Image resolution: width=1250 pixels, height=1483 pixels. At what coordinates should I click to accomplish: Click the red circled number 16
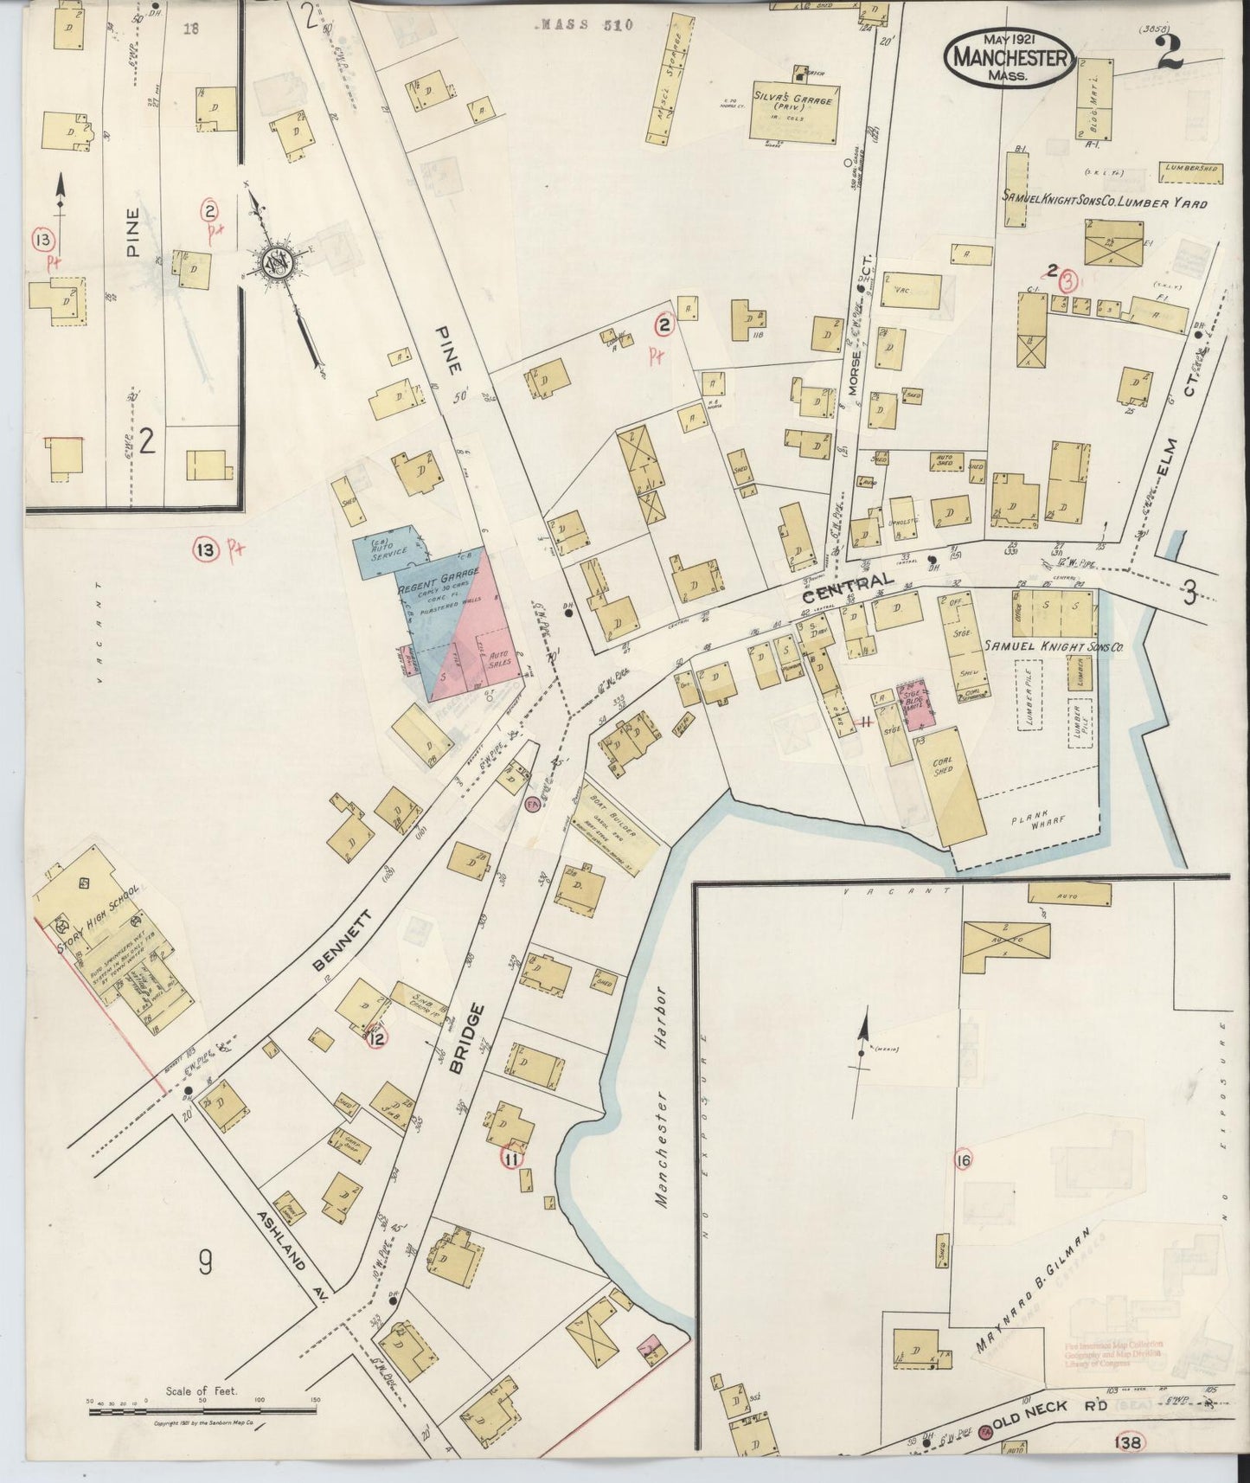coord(963,1159)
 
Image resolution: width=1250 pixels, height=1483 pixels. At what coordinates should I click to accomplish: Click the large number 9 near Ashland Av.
coord(205,1265)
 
